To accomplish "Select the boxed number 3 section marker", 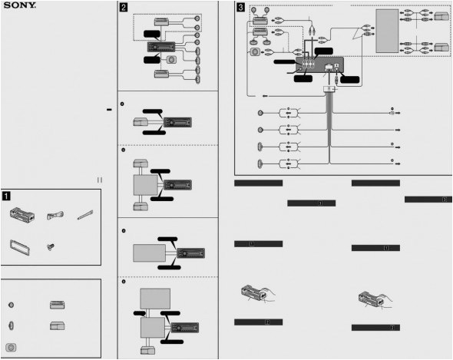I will [x=241, y=8].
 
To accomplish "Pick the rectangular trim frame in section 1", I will [x=20, y=247].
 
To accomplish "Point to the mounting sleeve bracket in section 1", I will [x=22, y=216].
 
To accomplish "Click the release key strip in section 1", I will [x=86, y=216].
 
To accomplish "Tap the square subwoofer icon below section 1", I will [x=12, y=346].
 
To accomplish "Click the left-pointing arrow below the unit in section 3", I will [x=264, y=95].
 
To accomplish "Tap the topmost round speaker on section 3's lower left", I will [x=262, y=112].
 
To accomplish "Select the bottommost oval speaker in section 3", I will [x=262, y=162].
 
